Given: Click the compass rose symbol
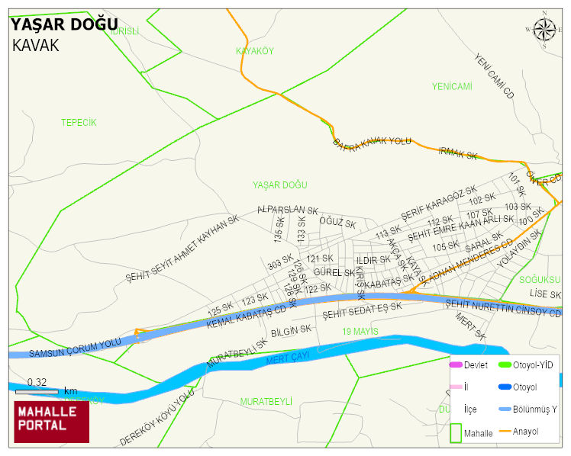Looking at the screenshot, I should [544, 30].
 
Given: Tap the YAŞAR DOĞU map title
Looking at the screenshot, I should [63, 24].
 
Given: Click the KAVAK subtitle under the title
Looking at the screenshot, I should [35, 45].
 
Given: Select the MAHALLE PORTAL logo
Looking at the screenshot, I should [52, 422].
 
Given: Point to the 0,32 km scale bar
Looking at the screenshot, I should [37, 391].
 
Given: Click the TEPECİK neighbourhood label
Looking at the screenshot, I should [79, 123].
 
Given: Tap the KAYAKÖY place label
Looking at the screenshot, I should [254, 51].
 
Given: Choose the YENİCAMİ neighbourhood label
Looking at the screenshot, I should [452, 86].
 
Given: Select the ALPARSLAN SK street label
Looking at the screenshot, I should [287, 210].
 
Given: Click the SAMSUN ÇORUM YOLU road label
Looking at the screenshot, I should [75, 348].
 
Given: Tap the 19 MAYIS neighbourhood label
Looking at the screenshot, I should [360, 331].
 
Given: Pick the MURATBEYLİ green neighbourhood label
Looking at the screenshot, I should [266, 401].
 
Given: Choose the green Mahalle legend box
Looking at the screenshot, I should [456, 432].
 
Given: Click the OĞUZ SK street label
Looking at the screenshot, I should [337, 223].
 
